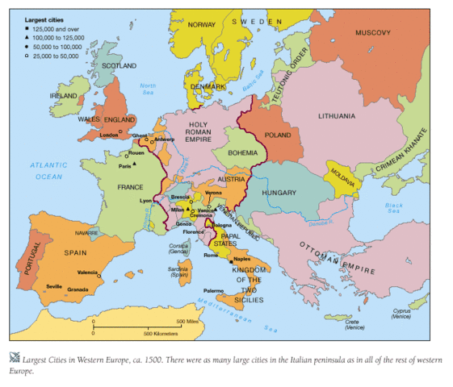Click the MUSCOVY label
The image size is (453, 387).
pos(372,32)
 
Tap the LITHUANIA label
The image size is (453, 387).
pos(336,116)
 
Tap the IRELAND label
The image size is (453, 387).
pos(63,95)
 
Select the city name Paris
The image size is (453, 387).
pos(124,166)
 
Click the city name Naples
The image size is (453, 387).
pos(242,260)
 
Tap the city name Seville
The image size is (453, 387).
pos(55,287)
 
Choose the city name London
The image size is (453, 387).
pos(109,135)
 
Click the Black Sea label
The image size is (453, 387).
pos(393,208)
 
